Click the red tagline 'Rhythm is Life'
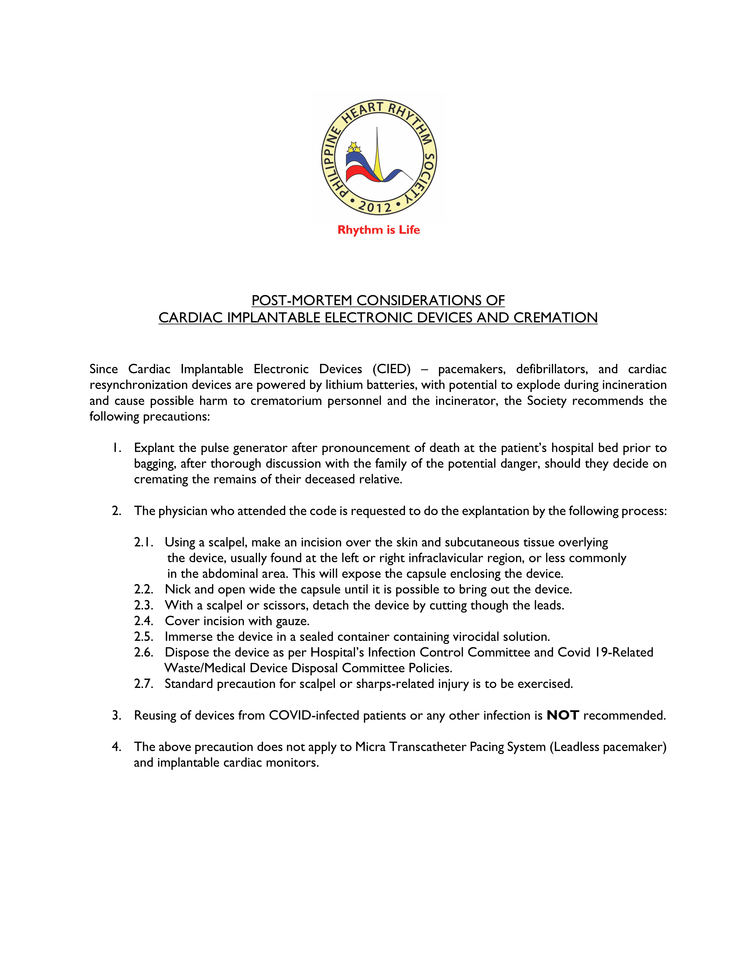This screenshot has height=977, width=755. pyautogui.click(x=378, y=230)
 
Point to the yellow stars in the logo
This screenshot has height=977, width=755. pyautogui.click(x=354, y=147)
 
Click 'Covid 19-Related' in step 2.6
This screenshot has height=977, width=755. pyautogui.click(x=605, y=652)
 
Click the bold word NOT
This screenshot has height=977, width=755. pyautogui.click(x=563, y=715)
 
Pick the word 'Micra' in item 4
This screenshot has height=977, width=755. pyautogui.click(x=370, y=747)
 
